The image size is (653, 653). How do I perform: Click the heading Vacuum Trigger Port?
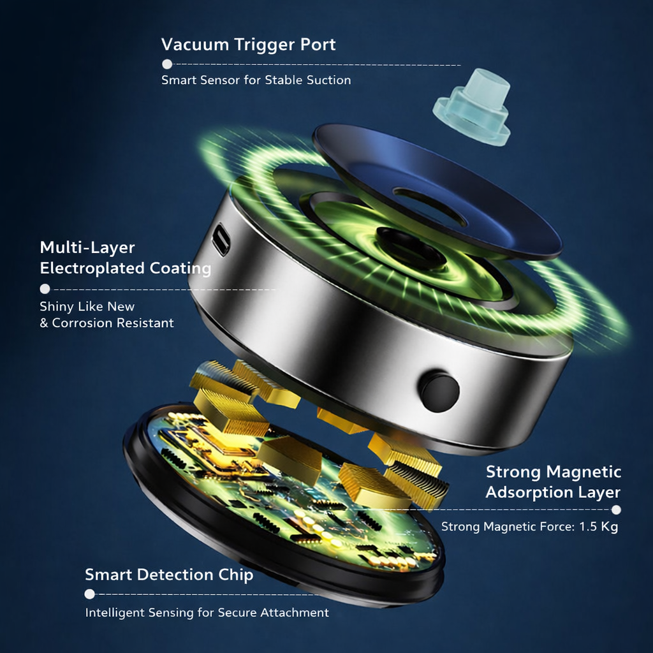click(x=248, y=45)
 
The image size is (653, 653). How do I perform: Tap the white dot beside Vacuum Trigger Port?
click(x=167, y=64)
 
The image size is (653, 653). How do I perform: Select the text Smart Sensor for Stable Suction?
click(x=256, y=80)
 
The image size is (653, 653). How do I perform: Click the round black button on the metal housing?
click(x=439, y=390)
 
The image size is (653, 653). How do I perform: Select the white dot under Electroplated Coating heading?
click(x=45, y=289)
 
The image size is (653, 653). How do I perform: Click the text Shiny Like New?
click(x=87, y=307)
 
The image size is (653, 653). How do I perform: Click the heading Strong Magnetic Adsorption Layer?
click(x=553, y=482)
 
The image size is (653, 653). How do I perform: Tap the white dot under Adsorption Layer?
click(x=616, y=510)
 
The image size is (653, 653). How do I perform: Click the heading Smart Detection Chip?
click(x=169, y=575)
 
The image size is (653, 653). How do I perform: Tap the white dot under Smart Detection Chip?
click(x=89, y=594)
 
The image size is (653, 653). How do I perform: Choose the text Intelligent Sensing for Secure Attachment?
click(x=207, y=613)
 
